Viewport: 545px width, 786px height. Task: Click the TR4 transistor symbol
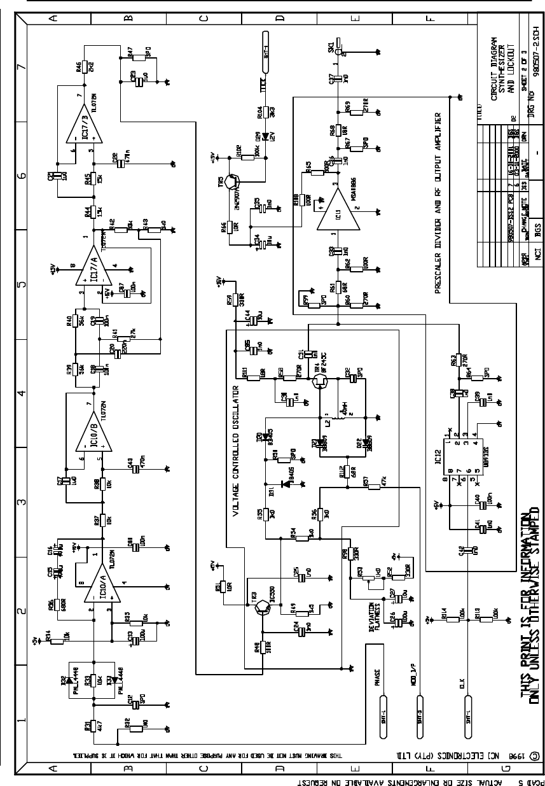[x=320, y=381]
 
